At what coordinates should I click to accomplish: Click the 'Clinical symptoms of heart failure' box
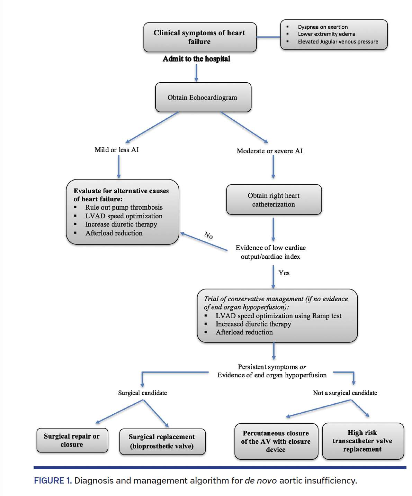[200, 37]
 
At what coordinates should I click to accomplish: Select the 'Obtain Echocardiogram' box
[203, 98]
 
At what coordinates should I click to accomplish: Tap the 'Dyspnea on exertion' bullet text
[323, 27]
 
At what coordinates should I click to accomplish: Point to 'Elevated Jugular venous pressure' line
[338, 42]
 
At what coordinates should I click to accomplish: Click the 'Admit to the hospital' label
[196, 59]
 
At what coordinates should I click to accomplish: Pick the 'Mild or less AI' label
[117, 150]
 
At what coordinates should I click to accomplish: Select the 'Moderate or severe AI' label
[269, 151]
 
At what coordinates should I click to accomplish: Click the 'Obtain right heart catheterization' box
[274, 200]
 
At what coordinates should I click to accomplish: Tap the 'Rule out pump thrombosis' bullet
[124, 207]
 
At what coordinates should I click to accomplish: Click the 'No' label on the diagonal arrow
[208, 235]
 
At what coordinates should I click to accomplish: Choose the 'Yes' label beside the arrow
[284, 273]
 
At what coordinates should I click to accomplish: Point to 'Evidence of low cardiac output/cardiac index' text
[270, 252]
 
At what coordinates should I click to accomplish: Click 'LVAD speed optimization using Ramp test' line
[278, 316]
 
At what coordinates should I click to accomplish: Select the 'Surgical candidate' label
[142, 393]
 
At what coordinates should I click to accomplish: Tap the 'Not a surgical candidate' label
[345, 393]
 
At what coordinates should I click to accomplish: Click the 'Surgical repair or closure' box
[72, 440]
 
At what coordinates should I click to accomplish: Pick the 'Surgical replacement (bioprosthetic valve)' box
[162, 441]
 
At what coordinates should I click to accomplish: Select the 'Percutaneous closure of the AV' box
[276, 441]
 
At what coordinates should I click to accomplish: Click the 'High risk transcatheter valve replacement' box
[362, 441]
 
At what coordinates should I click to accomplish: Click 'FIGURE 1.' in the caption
[53, 481]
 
